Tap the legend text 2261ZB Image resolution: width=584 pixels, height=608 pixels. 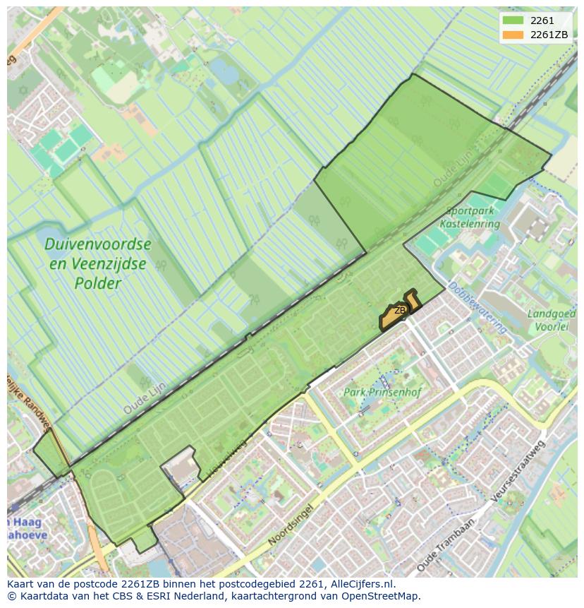(549, 35)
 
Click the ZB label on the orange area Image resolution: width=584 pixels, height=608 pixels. (400, 311)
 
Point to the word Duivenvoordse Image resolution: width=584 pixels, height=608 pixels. (97, 244)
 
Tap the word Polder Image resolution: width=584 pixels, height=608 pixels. (98, 283)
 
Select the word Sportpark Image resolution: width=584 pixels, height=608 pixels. (470, 210)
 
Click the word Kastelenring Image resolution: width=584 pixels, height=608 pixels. (470, 224)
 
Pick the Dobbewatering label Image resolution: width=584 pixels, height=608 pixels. (477, 307)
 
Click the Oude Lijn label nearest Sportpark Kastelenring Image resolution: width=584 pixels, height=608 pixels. (451, 172)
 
